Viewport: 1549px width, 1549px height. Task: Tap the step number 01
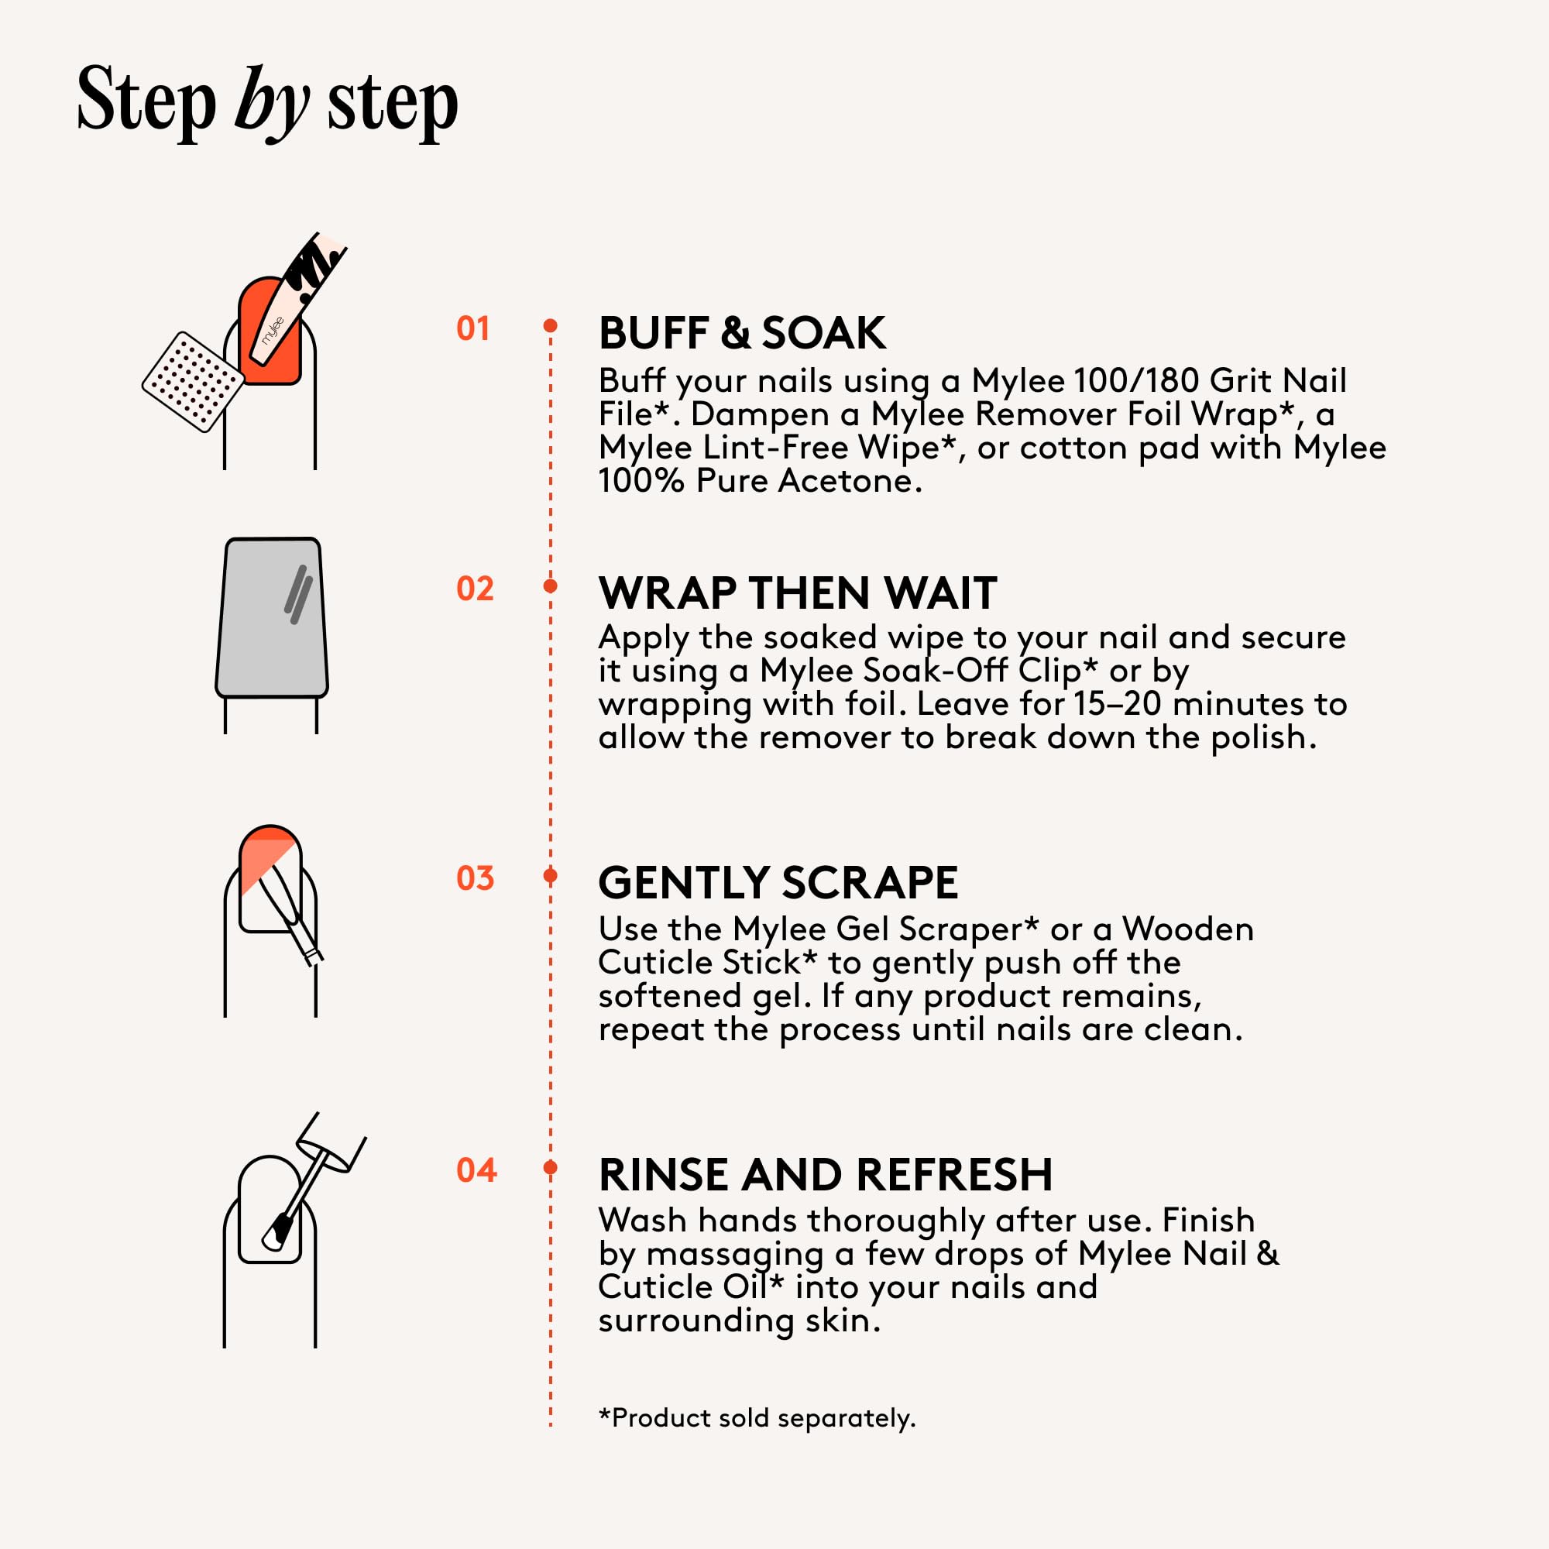(x=473, y=328)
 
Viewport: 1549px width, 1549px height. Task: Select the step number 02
(x=475, y=589)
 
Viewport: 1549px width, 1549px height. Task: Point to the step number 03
(x=475, y=878)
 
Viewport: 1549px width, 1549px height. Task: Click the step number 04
(x=476, y=1169)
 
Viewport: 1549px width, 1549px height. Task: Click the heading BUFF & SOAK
(x=743, y=333)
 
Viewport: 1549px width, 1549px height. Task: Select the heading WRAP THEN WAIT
(x=798, y=593)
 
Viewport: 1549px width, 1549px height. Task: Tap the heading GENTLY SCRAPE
(x=778, y=883)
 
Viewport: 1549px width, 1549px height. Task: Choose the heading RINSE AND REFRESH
(x=826, y=1175)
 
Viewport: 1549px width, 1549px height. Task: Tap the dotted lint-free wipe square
(x=193, y=382)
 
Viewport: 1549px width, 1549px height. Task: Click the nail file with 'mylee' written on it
(x=297, y=300)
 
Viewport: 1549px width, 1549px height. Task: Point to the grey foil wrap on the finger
(x=272, y=617)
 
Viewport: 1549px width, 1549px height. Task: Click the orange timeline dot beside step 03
(x=550, y=874)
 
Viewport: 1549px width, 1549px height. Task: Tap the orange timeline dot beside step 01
(x=550, y=325)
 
